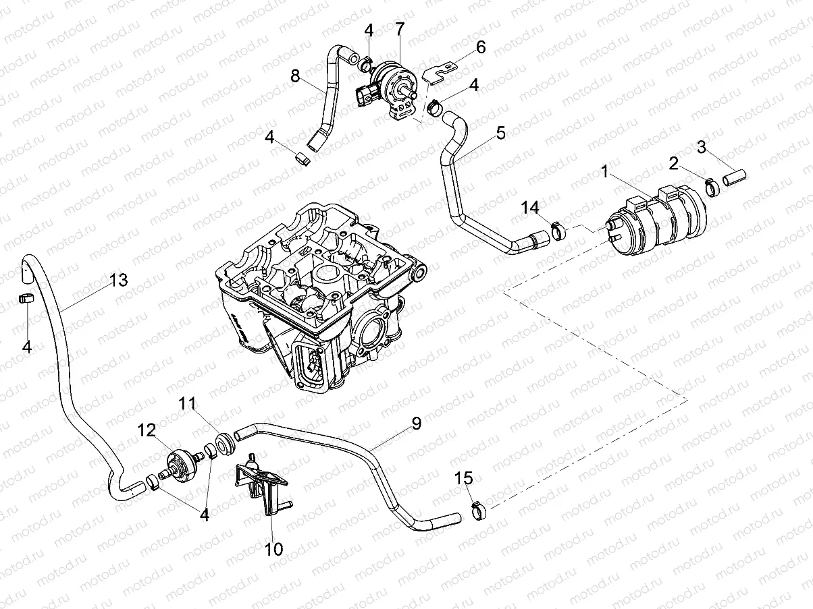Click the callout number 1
pyautogui.click(x=606, y=173)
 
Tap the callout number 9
pyautogui.click(x=416, y=423)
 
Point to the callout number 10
pyautogui.click(x=273, y=548)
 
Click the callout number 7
pyautogui.click(x=400, y=29)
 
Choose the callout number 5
pyautogui.click(x=500, y=133)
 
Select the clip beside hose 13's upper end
pyautogui.click(x=27, y=299)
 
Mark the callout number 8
pyautogui.click(x=295, y=76)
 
